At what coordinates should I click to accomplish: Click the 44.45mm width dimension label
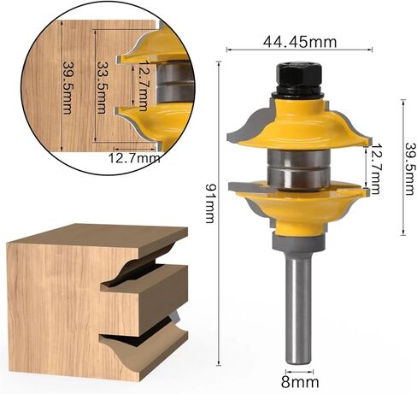click(300, 42)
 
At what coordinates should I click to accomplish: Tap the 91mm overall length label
click(210, 203)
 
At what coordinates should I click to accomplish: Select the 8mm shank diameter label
click(300, 382)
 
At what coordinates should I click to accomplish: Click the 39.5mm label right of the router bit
click(410, 168)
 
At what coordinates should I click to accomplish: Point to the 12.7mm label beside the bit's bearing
click(376, 168)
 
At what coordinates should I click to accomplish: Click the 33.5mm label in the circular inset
click(102, 88)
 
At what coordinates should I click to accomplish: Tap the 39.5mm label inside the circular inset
click(68, 88)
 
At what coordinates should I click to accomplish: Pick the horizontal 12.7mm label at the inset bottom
click(134, 158)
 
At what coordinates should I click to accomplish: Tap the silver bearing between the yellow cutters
click(298, 170)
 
